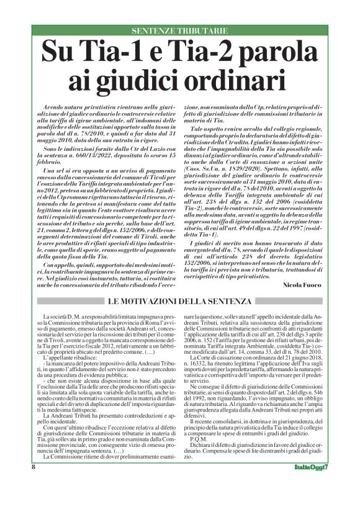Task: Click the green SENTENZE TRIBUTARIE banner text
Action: [180, 31]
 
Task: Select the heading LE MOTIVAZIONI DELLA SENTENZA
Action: [179, 302]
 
